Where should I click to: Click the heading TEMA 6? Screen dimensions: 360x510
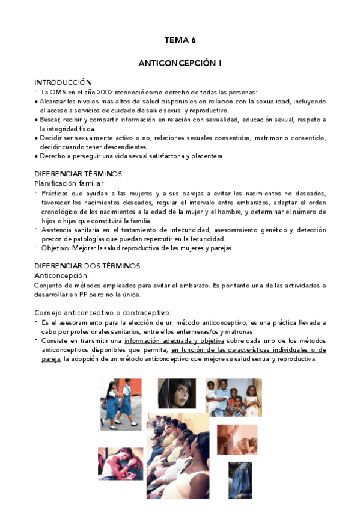point(180,41)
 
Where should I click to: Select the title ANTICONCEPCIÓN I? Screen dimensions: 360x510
point(180,62)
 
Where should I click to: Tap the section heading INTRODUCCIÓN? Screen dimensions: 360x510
point(63,82)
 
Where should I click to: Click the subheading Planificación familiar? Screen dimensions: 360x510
point(69,183)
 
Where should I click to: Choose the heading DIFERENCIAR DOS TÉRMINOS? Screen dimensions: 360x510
point(87,266)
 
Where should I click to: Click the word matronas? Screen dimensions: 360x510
point(239,331)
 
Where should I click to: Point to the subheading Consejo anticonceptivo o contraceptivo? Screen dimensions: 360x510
point(102,312)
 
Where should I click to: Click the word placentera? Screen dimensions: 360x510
point(205,156)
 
